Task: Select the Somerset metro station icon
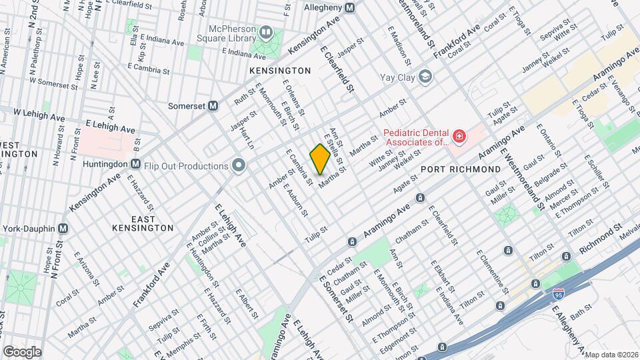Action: click(214, 105)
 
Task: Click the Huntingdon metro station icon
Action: click(135, 163)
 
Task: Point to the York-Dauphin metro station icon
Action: click(63, 227)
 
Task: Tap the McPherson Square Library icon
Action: click(267, 31)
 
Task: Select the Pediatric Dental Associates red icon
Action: click(458, 137)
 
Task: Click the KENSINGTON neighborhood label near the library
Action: click(280, 70)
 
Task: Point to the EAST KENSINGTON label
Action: click(143, 223)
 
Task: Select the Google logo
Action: click(21, 351)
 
